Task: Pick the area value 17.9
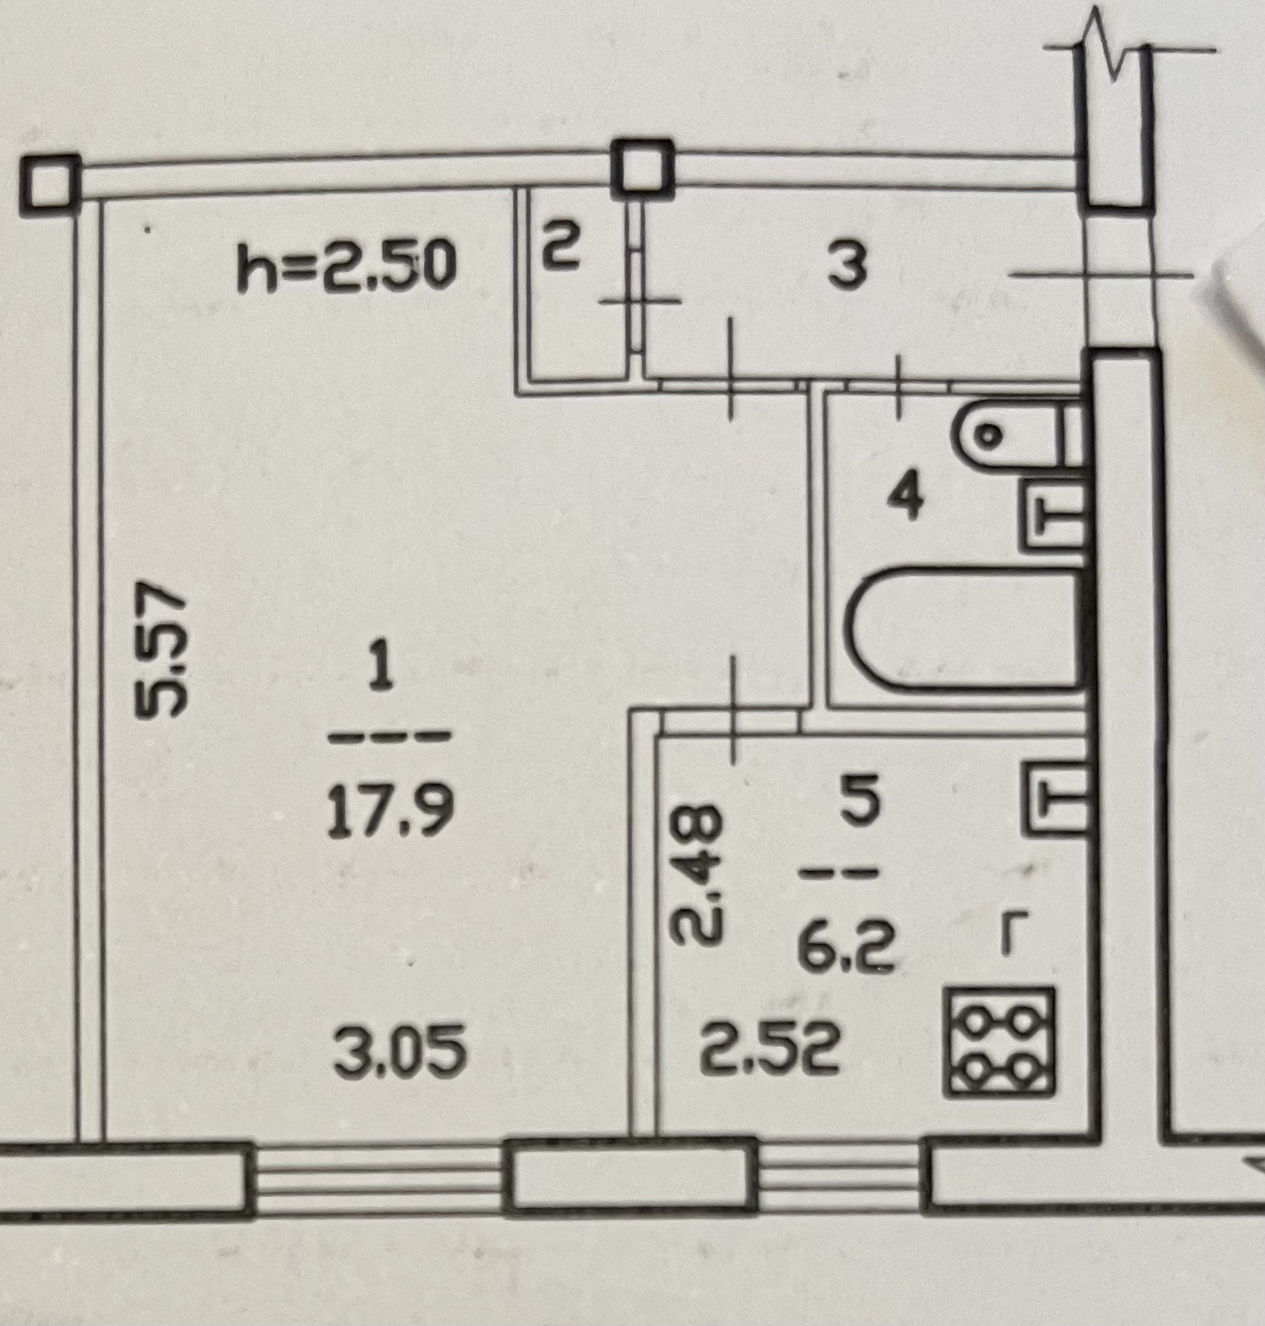tap(389, 813)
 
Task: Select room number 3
tap(847, 266)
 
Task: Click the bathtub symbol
tap(968, 630)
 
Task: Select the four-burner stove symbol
tap(1000, 1042)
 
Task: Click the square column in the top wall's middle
tap(642, 169)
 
